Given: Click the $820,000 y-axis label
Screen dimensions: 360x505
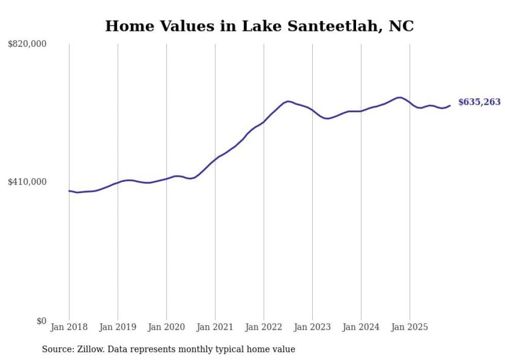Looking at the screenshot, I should (x=27, y=44).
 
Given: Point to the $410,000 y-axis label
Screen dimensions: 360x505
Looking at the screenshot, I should (x=27, y=182).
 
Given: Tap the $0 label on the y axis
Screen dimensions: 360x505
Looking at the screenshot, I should (x=41, y=321).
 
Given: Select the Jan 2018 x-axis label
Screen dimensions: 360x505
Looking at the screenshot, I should (x=69, y=327).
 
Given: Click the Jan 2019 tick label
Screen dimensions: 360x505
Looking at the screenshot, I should (x=117, y=327).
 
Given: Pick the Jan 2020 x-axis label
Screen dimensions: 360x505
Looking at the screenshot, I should (x=166, y=327).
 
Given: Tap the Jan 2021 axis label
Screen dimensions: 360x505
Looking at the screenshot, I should (x=215, y=327).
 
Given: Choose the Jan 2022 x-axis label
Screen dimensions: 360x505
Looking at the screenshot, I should (x=264, y=327).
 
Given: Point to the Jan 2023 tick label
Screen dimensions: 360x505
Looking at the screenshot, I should (x=312, y=327).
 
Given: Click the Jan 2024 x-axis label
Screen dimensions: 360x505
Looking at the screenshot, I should (x=361, y=327).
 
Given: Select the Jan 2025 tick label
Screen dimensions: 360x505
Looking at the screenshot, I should (x=410, y=327).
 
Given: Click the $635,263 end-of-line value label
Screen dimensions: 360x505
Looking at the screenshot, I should (x=479, y=102).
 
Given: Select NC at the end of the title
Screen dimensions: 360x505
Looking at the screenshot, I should (x=401, y=26).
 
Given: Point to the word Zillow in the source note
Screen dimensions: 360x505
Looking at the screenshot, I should (x=91, y=349).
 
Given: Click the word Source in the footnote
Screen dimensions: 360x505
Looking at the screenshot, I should (x=57, y=349).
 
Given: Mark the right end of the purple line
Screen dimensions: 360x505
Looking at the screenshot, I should (x=450, y=106).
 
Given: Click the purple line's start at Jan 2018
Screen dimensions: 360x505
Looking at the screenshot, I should (x=69, y=191).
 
